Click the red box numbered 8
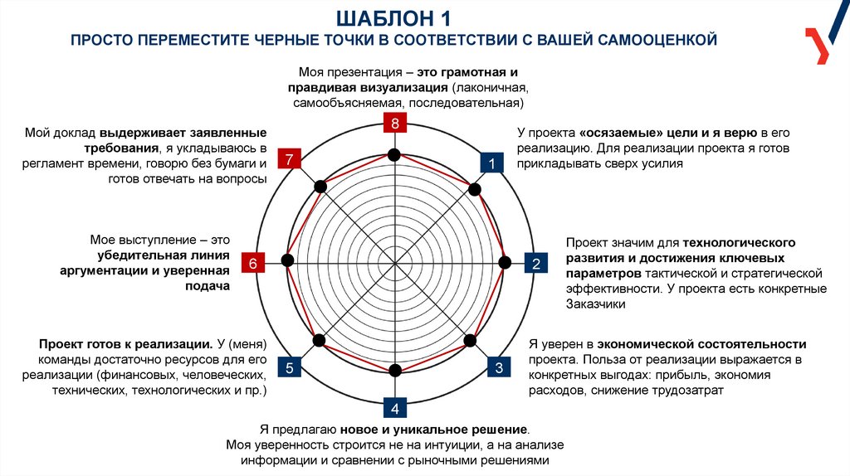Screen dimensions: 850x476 (395, 124)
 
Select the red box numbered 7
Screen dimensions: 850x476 (288, 160)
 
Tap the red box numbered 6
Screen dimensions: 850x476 (253, 263)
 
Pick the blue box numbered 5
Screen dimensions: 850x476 (288, 368)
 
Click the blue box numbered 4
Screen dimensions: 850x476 (395, 408)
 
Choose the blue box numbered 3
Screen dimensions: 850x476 (499, 368)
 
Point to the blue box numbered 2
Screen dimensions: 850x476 (536, 264)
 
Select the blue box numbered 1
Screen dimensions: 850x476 (492, 163)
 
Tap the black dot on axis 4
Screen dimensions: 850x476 (395, 369)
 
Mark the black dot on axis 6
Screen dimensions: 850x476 (287, 260)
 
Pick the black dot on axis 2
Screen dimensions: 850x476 (504, 263)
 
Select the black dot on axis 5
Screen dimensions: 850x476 (319, 338)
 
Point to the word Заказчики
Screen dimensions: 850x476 (595, 304)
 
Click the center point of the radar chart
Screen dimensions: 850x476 (395, 263)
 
